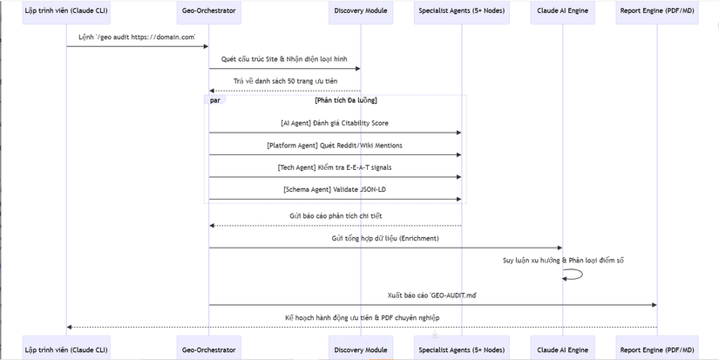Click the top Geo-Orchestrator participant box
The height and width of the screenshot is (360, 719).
pyautogui.click(x=208, y=10)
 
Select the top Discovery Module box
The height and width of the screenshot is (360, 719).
pyautogui.click(x=361, y=10)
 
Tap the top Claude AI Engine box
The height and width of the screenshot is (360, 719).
pyautogui.click(x=563, y=10)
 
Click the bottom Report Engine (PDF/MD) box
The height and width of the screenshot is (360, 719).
pyautogui.click(x=657, y=350)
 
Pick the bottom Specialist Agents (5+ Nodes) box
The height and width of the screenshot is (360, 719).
pyautogui.click(x=462, y=350)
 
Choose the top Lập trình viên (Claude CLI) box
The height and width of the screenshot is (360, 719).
pyautogui.click(x=66, y=10)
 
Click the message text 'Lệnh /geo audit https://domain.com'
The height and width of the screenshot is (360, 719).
pyautogui.click(x=137, y=37)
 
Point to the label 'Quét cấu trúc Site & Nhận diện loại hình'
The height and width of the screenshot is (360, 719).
pyautogui.click(x=284, y=59)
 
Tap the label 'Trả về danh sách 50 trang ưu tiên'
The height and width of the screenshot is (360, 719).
pyautogui.click(x=285, y=82)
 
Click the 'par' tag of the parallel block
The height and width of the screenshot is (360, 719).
pyautogui.click(x=214, y=100)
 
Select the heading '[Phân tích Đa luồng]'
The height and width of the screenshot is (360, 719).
pyautogui.click(x=346, y=101)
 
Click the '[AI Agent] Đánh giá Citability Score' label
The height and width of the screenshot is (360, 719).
pyautogui.click(x=336, y=123)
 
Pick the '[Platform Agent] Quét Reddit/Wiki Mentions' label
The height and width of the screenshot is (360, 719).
pyautogui.click(x=336, y=146)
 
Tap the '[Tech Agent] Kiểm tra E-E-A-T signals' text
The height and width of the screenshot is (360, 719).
pyautogui.click(x=335, y=167)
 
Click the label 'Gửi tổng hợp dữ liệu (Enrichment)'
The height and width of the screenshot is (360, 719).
pyautogui.click(x=385, y=239)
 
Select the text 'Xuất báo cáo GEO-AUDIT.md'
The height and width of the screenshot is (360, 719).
pyautogui.click(x=432, y=295)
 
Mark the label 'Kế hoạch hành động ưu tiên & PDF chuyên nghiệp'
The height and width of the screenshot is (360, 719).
pyautogui.click(x=363, y=318)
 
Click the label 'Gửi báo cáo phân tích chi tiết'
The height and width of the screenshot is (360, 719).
pyautogui.click(x=336, y=215)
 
